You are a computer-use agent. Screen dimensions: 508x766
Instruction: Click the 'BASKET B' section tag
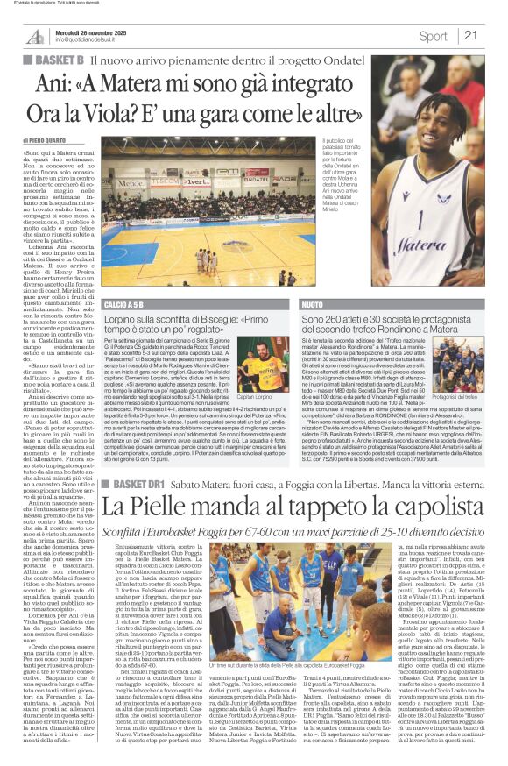point(59,60)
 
